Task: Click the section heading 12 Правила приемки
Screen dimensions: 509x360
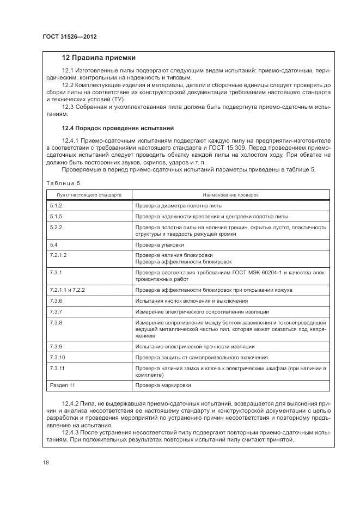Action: [x=99, y=58]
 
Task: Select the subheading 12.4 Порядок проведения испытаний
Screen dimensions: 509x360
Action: [x=118, y=128]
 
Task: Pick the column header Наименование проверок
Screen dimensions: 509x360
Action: [x=231, y=194]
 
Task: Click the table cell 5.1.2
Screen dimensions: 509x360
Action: [x=56, y=206]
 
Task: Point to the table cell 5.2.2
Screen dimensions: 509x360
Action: [x=56, y=226]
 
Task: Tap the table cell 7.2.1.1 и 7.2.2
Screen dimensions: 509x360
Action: [x=67, y=290]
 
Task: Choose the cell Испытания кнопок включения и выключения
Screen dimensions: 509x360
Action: [x=192, y=301]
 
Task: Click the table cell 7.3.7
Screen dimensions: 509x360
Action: [x=56, y=311]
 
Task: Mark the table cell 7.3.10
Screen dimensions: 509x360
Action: [x=57, y=357]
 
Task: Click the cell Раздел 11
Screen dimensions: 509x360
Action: [x=62, y=386]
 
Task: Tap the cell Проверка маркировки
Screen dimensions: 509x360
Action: [x=161, y=386]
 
